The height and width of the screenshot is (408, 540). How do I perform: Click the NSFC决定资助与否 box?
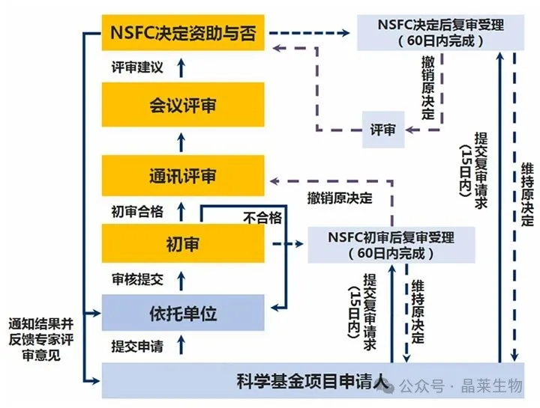tap(183, 33)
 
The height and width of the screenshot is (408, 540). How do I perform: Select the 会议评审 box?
tap(183, 105)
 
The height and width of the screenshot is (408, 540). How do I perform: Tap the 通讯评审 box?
tap(183, 177)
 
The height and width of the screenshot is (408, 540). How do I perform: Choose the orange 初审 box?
tap(183, 243)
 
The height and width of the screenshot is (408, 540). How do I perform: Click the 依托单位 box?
tap(183, 313)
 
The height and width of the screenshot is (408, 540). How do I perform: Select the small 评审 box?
tap(383, 129)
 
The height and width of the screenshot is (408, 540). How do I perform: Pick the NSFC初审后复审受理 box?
tap(391, 245)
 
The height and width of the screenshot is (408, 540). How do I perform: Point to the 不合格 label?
tap(262, 217)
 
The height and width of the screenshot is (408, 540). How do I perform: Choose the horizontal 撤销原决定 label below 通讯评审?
tap(339, 198)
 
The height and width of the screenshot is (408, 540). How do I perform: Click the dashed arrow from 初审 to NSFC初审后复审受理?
tap(286, 244)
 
